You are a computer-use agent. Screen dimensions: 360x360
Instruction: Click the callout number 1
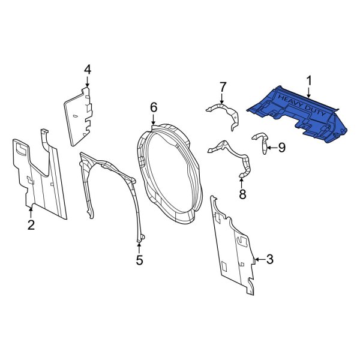tap(309, 80)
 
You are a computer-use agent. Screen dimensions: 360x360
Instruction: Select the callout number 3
tap(269, 259)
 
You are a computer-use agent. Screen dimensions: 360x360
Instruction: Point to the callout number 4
tap(87, 70)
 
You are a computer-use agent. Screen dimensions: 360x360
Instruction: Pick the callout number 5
tap(139, 260)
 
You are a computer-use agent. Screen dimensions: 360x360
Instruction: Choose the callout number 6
tap(154, 107)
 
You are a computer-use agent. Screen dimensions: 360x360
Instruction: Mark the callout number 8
tap(242, 194)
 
